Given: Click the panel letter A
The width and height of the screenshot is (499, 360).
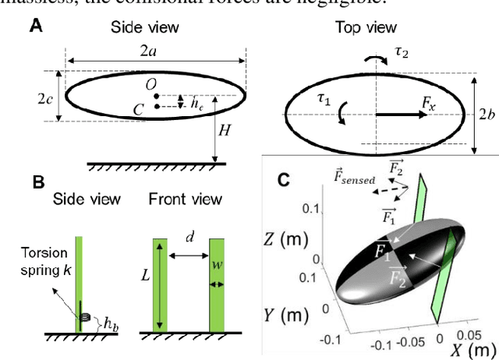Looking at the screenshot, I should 36,26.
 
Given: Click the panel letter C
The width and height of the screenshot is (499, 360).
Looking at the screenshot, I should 285,179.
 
